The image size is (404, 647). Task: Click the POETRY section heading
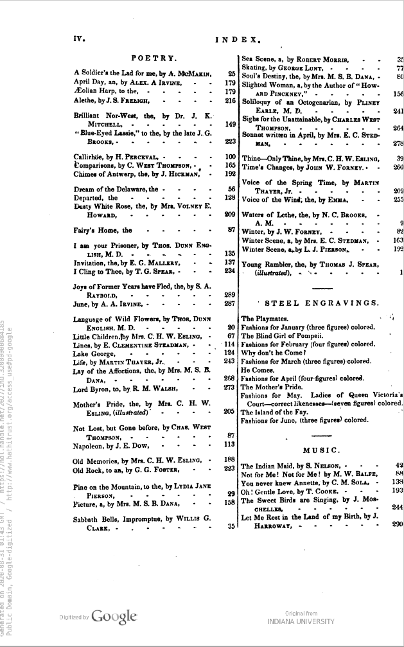(149, 58)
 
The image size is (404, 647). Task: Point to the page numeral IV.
(78, 39)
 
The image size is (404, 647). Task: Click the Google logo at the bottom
(114, 616)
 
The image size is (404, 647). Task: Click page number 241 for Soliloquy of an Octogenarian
(398, 110)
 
